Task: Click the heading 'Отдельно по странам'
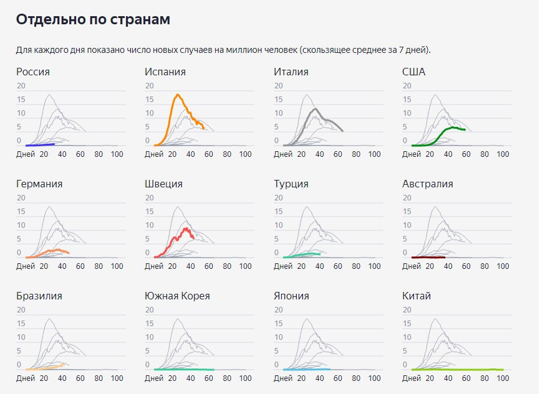pos(93,19)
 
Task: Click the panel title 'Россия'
pos(33,72)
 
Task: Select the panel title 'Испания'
pos(165,72)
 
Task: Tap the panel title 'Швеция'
pos(163,184)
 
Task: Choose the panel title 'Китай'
pos(417,296)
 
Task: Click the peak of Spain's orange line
pos(178,95)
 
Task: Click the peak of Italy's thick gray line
pos(316,109)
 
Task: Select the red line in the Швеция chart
pos(186,229)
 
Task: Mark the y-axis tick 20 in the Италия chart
pos(279,86)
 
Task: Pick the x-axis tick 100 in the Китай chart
pos(503,378)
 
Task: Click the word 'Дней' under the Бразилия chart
pos(26,378)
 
